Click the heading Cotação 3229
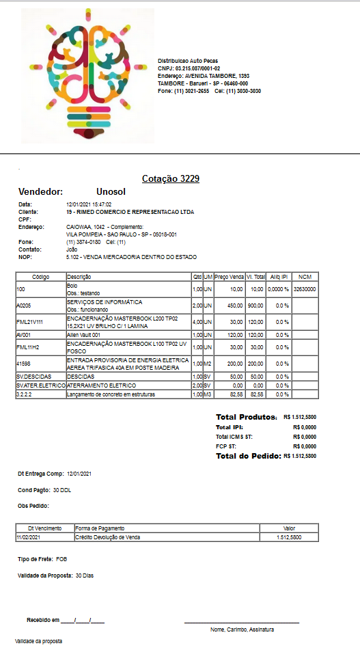point(171,179)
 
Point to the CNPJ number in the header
point(189,68)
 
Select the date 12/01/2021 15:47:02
point(89,204)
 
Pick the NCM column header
point(305,277)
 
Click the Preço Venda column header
point(230,277)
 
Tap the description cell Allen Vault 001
point(83,335)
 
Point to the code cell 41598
point(24,364)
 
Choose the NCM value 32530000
point(305,290)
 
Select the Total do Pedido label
point(249,455)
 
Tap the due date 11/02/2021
point(29,537)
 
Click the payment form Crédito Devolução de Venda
point(108,537)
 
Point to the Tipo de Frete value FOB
point(62,559)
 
